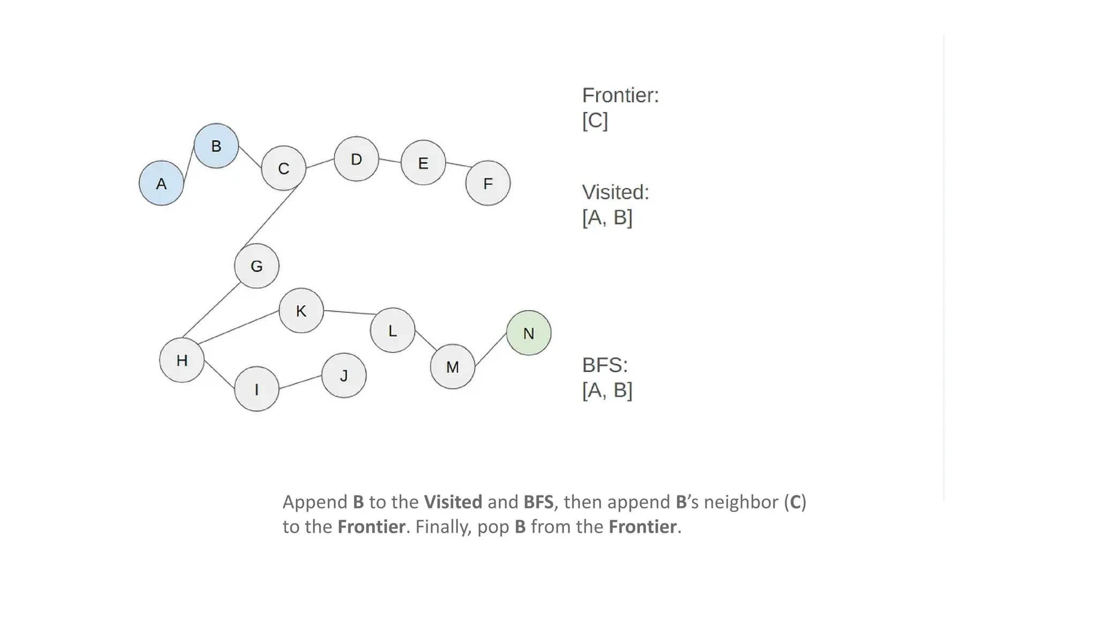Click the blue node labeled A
point(161,183)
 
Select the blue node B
point(216,146)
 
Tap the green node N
point(529,333)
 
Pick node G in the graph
point(257,266)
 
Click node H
point(182,360)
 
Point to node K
point(301,311)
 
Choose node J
point(344,375)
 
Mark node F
point(488,183)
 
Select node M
point(453,367)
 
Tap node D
point(356,159)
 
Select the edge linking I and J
point(300,382)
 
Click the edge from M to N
point(491,350)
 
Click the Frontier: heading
point(620,95)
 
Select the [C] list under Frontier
point(595,121)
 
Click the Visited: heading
point(615,192)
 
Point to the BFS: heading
point(605,365)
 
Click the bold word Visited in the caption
point(453,502)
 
